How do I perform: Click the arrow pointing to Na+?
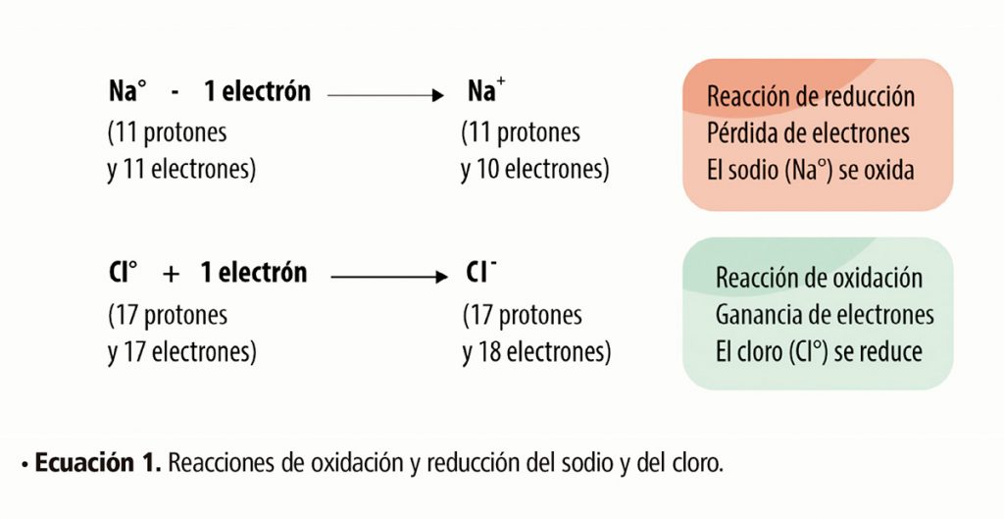click(385, 95)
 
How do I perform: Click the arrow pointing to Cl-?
click(389, 277)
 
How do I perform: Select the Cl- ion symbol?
click(481, 273)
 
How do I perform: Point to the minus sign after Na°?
click(176, 94)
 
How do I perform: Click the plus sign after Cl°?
click(171, 275)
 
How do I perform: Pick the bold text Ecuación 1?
click(97, 463)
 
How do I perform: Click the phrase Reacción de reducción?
click(811, 97)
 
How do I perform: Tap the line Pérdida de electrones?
click(808, 133)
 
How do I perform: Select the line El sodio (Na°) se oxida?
click(811, 171)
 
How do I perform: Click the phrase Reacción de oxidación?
click(819, 278)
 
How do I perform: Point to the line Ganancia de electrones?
click(825, 315)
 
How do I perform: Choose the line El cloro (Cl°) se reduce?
click(819, 352)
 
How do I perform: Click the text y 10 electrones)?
click(534, 170)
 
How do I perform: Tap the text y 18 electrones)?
click(536, 352)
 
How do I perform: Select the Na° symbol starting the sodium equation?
click(127, 91)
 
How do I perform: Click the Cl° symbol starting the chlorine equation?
click(123, 273)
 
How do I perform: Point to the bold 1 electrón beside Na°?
click(258, 91)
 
